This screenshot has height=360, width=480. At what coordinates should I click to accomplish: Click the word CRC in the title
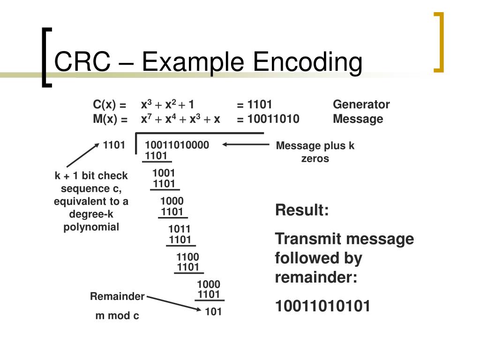click(83, 63)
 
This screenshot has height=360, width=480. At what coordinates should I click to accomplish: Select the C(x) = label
click(110, 105)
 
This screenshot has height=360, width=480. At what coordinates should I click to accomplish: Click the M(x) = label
click(110, 119)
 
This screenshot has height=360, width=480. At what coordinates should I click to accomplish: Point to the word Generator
click(361, 105)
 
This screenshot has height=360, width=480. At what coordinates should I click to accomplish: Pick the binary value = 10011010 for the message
click(268, 119)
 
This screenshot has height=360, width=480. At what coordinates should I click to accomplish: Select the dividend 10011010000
click(177, 145)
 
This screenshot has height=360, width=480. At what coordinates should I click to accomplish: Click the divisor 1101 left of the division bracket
click(114, 145)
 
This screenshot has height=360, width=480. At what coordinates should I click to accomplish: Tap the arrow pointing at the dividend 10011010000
click(246, 145)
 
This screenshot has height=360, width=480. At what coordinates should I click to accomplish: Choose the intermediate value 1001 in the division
click(164, 173)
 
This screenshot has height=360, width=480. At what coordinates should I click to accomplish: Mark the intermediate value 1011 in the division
click(180, 229)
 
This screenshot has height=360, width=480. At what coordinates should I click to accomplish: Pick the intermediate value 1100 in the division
click(188, 257)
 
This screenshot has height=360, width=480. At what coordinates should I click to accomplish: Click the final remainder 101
click(213, 312)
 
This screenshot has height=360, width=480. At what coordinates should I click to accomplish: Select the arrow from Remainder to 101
click(173, 302)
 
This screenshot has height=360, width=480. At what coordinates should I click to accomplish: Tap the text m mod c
click(117, 316)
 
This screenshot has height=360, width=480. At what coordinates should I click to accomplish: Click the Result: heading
click(302, 210)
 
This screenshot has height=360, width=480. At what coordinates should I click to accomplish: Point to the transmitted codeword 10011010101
click(322, 306)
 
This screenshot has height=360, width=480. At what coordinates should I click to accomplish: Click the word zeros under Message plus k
click(315, 158)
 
